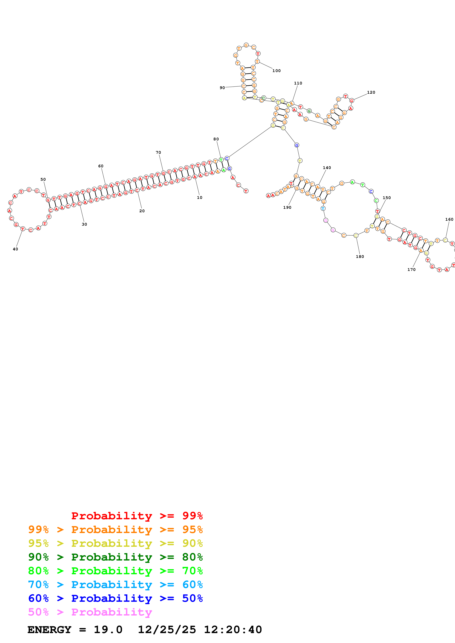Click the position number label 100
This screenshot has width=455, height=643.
[x=276, y=71]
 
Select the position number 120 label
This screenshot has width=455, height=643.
[x=371, y=92]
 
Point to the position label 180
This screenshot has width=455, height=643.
[x=360, y=257]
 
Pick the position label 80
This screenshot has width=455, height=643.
[x=216, y=139]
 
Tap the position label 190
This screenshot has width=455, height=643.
[x=287, y=207]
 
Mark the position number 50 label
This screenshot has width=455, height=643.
[x=43, y=179]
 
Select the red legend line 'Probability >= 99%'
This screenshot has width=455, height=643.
[x=137, y=516]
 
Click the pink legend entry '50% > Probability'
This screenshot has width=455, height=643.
[x=90, y=612]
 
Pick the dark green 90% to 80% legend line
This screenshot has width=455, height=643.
[x=115, y=557]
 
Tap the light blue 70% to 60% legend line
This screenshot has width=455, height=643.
[x=115, y=585]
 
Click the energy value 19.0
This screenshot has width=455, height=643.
[x=108, y=630]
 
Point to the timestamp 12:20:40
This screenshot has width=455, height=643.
[x=233, y=630]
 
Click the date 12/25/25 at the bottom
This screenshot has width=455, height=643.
[x=167, y=630]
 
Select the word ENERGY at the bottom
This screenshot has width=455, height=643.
[x=49, y=630]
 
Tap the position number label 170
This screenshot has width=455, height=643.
[x=411, y=270]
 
